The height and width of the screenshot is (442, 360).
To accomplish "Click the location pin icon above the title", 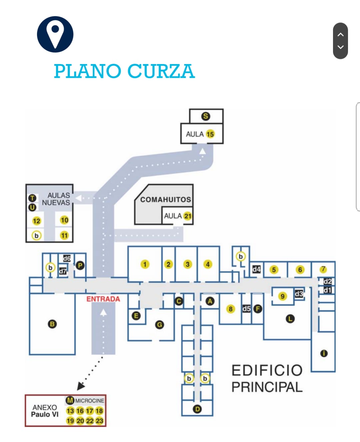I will [55, 34].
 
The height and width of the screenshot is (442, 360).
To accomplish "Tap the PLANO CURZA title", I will [124, 71].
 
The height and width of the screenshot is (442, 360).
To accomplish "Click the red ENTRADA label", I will [103, 299].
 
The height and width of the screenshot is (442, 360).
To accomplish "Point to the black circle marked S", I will [206, 116].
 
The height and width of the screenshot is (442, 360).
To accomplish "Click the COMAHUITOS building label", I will [165, 199].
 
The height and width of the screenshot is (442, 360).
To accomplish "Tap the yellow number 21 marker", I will [188, 216].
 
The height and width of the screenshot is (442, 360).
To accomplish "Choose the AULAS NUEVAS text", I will [56, 199].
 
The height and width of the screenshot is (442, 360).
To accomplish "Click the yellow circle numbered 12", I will [36, 221].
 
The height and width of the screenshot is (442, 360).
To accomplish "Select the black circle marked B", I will [52, 324].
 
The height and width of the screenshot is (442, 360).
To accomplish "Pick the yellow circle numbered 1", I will [145, 264].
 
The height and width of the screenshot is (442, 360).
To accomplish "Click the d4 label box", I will [256, 269].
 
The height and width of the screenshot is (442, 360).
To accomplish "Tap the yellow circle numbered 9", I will [282, 296].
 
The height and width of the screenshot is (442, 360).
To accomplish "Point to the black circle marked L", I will [290, 319].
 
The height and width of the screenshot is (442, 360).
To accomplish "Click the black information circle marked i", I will [324, 353].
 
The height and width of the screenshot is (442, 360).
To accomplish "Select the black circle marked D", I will [197, 409].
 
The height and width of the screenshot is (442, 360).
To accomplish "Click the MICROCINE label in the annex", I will [89, 400].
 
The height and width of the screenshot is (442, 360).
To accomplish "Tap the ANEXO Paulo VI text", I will [45, 411].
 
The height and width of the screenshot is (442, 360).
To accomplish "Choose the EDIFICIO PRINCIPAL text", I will [267, 379].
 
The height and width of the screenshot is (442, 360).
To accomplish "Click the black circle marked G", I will [160, 324].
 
